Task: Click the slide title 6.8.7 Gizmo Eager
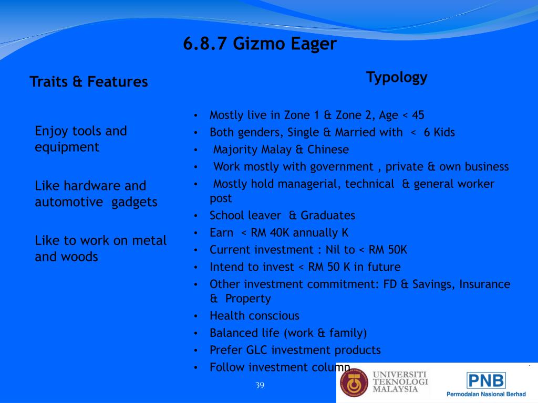pyautogui.click(x=260, y=44)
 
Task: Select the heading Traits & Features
pyautogui.click(x=88, y=81)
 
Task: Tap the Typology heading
pyautogui.click(x=397, y=78)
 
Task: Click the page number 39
pyautogui.click(x=260, y=385)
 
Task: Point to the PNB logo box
pyautogui.click(x=486, y=381)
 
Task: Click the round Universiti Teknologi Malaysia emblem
pyautogui.click(x=354, y=383)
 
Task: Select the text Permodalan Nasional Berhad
pyautogui.click(x=486, y=395)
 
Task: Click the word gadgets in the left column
pyautogui.click(x=134, y=203)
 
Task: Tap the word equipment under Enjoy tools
pyautogui.click(x=67, y=147)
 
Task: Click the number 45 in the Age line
pyautogui.click(x=418, y=115)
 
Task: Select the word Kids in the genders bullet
pyautogui.click(x=444, y=132)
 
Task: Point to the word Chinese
pyautogui.click(x=328, y=150)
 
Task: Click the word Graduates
pyautogui.click(x=328, y=216)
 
